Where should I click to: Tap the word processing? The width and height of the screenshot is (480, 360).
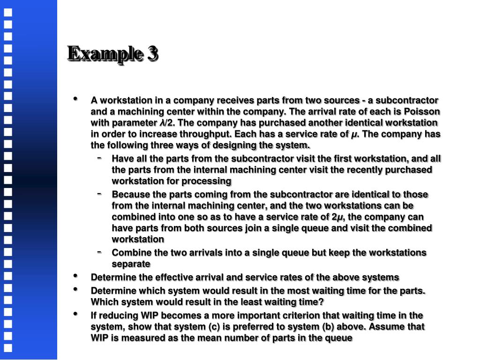[210, 181]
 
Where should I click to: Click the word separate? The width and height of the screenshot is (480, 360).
[131, 264]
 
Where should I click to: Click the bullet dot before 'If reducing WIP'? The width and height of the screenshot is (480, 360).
[75, 314]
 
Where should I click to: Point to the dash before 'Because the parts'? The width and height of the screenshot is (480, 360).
[99, 193]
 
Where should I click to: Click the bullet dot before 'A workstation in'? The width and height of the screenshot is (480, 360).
[75, 99]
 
